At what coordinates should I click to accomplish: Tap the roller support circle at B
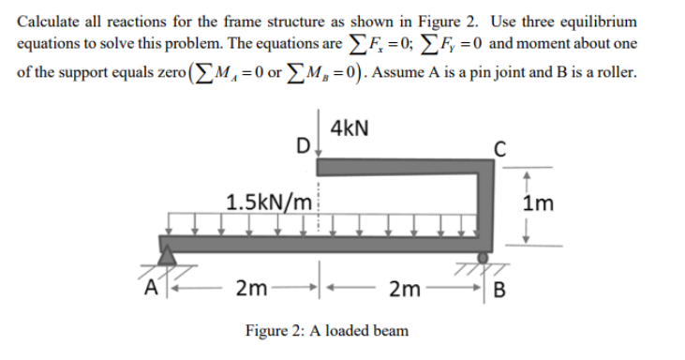click(482, 256)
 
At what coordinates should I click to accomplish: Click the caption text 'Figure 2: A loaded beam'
click(325, 330)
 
